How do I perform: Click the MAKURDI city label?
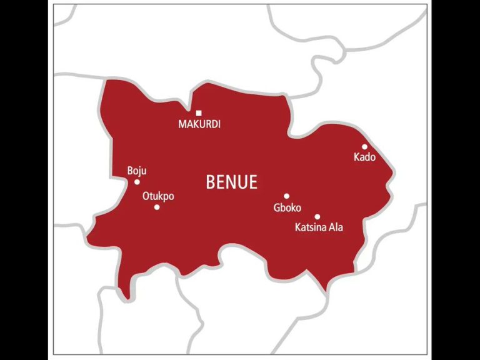tap(199, 124)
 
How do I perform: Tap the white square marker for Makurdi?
tap(199, 113)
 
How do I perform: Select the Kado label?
tap(364, 157)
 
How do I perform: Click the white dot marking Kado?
tap(364, 147)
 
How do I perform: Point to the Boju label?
tap(137, 171)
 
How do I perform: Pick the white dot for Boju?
tap(137, 182)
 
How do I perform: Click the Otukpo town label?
tap(158, 196)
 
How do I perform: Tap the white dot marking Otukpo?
tap(157, 207)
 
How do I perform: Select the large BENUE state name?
tap(231, 182)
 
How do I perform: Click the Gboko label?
tap(287, 207)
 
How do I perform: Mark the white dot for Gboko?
tap(287, 196)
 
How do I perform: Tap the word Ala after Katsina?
tap(336, 227)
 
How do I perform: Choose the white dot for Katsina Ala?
tap(317, 217)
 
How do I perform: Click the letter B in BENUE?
tap(211, 182)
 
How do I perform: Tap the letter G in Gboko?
tap(277, 207)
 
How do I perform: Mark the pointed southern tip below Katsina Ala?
tap(324, 289)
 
